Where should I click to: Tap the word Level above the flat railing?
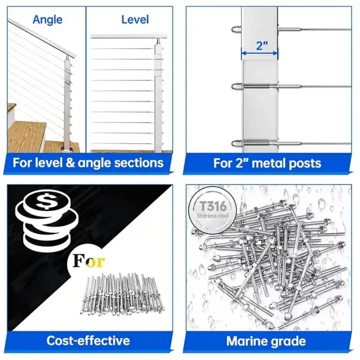tap(135, 19)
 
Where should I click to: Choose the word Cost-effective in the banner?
tap(88, 341)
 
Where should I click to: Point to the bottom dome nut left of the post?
tap(236, 144)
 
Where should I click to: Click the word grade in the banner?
tap(290, 341)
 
